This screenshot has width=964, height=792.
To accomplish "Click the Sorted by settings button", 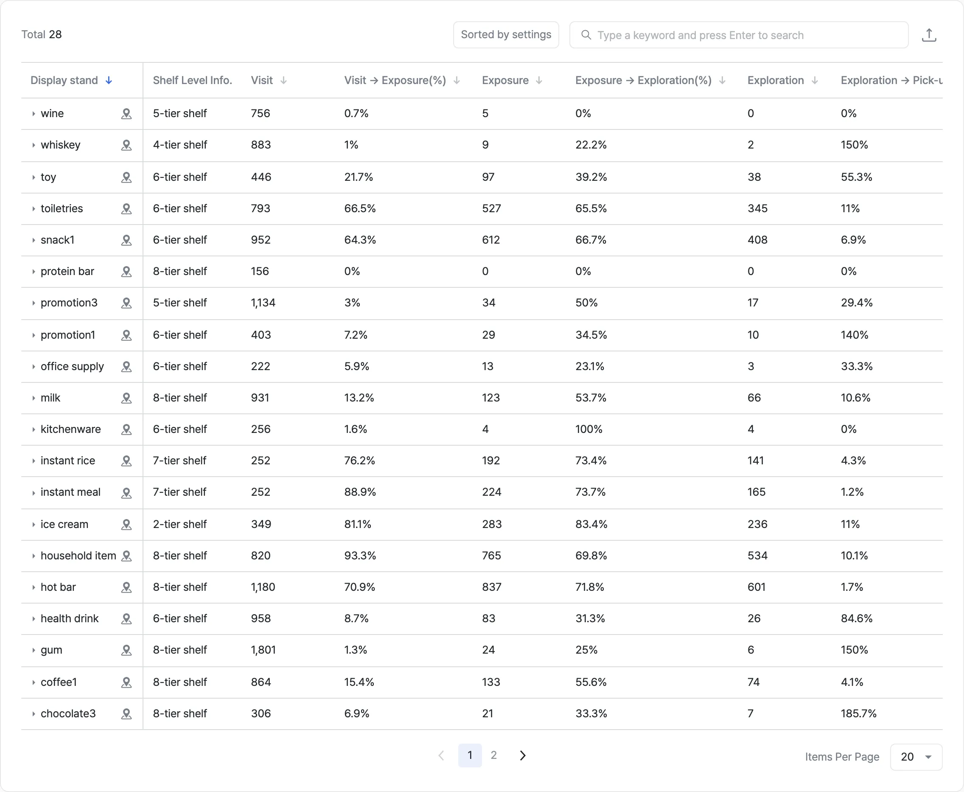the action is pyautogui.click(x=506, y=35).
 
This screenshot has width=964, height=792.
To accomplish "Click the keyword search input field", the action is pyautogui.click(x=739, y=35).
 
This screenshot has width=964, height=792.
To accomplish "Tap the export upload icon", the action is pyautogui.click(x=929, y=35).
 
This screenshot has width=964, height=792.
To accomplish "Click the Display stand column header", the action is pyautogui.click(x=64, y=80).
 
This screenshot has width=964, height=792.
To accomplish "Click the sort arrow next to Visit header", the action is pyautogui.click(x=283, y=80).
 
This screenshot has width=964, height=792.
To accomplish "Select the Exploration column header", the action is pyautogui.click(x=775, y=80).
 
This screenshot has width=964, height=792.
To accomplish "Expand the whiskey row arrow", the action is pyautogui.click(x=33, y=145).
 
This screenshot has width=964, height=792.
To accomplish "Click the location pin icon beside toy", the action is pyautogui.click(x=126, y=177).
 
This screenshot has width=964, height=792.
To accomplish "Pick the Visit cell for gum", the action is pyautogui.click(x=263, y=650).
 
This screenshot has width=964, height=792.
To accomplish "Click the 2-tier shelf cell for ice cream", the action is pyautogui.click(x=179, y=524).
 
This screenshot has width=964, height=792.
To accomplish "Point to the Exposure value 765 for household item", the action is pyautogui.click(x=492, y=556).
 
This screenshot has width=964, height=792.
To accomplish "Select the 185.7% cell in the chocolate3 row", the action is pyautogui.click(x=859, y=713).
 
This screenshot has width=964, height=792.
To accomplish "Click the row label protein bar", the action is pyautogui.click(x=67, y=272).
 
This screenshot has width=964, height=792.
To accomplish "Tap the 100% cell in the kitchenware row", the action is pyautogui.click(x=588, y=429).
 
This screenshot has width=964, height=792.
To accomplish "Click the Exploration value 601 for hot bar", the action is pyautogui.click(x=757, y=587).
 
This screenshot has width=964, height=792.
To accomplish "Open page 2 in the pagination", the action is pyautogui.click(x=493, y=755).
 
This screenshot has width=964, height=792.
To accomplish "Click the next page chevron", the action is pyautogui.click(x=523, y=755).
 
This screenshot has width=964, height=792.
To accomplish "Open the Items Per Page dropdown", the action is pyautogui.click(x=916, y=757).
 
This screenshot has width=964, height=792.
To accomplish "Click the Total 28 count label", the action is pyautogui.click(x=42, y=35).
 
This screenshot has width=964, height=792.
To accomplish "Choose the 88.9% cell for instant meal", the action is pyautogui.click(x=360, y=492).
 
